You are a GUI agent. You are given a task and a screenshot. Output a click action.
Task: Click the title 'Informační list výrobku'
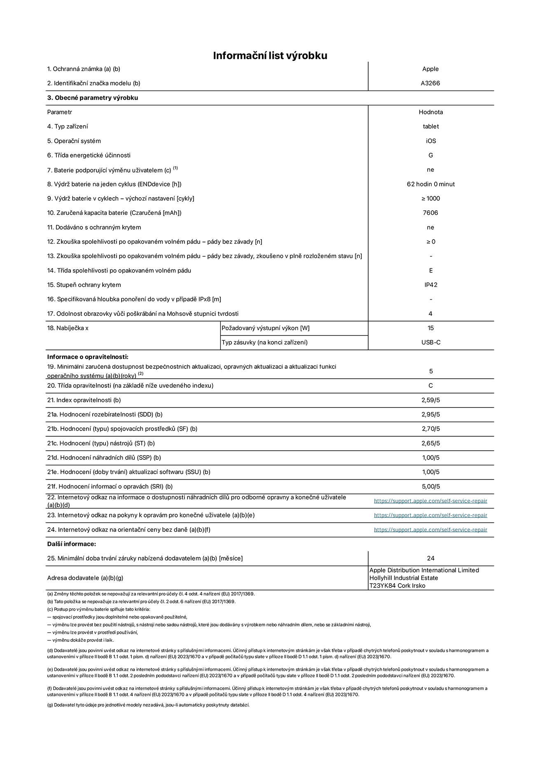coord(270,56)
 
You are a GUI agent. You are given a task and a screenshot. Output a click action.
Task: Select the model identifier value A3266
coord(430,83)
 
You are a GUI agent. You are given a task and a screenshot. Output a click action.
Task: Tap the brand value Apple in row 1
coord(430,69)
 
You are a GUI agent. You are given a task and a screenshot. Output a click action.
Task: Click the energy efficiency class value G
coord(431,155)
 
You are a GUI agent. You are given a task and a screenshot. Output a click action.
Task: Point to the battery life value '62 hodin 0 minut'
coord(431,184)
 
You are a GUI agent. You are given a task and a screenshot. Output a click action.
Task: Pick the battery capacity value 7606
coord(430,213)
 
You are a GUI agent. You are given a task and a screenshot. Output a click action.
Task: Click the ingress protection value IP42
coord(431,285)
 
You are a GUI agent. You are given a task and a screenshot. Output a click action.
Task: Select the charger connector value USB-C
coord(431,342)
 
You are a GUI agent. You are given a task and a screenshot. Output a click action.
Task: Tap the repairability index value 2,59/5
coord(431,400)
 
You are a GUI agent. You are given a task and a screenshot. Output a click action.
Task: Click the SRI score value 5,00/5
coord(431,487)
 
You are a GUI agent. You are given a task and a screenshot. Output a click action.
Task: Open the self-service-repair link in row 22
coord(430,501)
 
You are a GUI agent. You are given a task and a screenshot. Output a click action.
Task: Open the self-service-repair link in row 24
coord(430,530)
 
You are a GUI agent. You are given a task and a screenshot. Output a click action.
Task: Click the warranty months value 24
coord(431,558)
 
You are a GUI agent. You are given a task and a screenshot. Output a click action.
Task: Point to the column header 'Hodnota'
coord(431,112)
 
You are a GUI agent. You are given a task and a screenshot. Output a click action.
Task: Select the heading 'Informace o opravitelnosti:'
coord(88,357)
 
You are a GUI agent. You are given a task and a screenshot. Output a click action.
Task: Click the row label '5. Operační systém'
coord(74,141)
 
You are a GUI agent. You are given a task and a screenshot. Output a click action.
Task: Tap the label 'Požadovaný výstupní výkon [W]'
coord(266,328)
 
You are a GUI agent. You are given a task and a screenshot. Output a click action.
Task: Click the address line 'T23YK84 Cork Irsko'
coord(397,586)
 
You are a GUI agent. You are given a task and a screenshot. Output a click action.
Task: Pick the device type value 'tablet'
coord(431,126)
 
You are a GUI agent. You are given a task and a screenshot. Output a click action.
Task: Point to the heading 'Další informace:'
coord(72,544)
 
